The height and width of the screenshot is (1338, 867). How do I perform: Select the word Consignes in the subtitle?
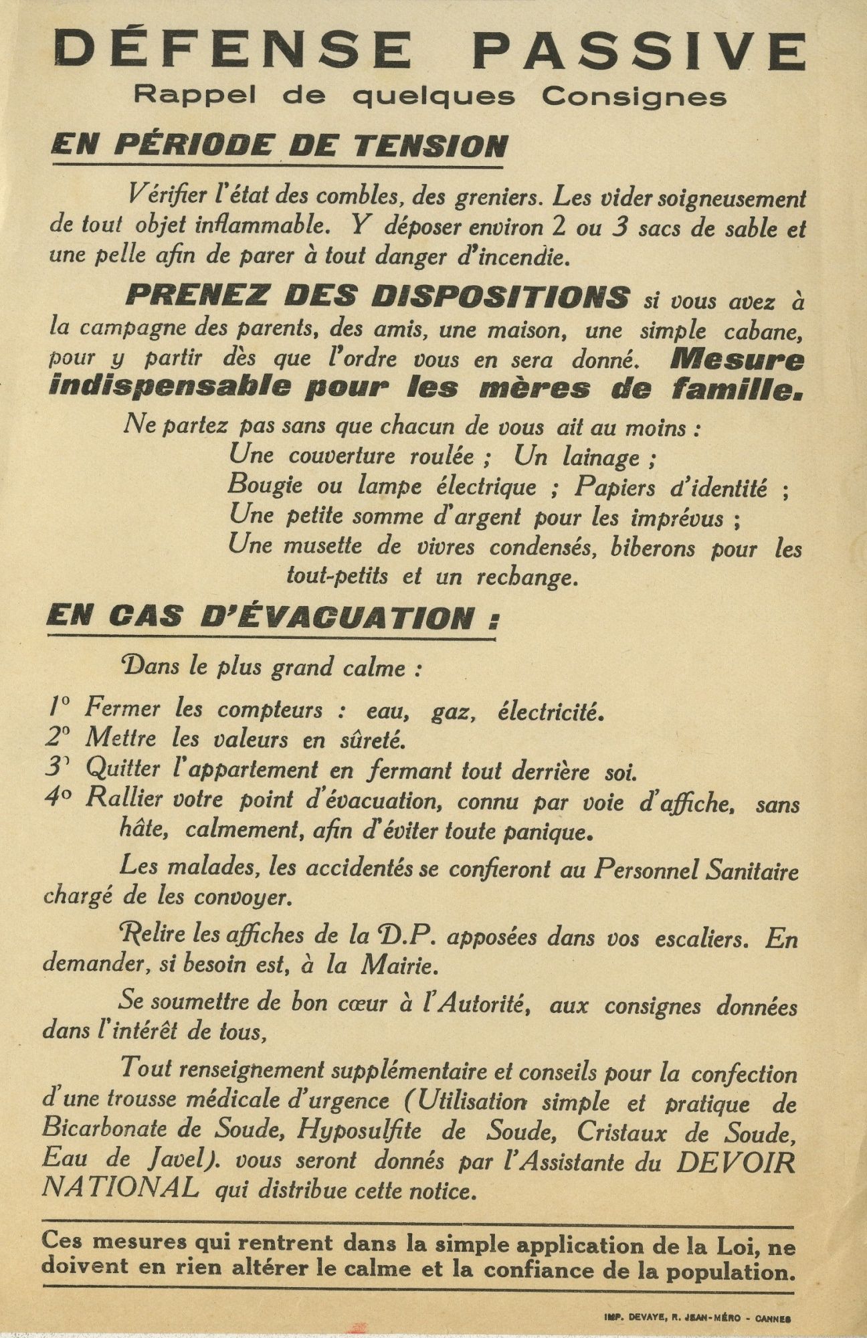[x=634, y=97]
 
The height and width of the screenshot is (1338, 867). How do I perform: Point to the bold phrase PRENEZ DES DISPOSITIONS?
[x=377, y=297]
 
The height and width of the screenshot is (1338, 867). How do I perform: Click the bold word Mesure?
[x=735, y=360]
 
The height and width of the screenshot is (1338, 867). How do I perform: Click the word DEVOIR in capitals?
[x=737, y=1163]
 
